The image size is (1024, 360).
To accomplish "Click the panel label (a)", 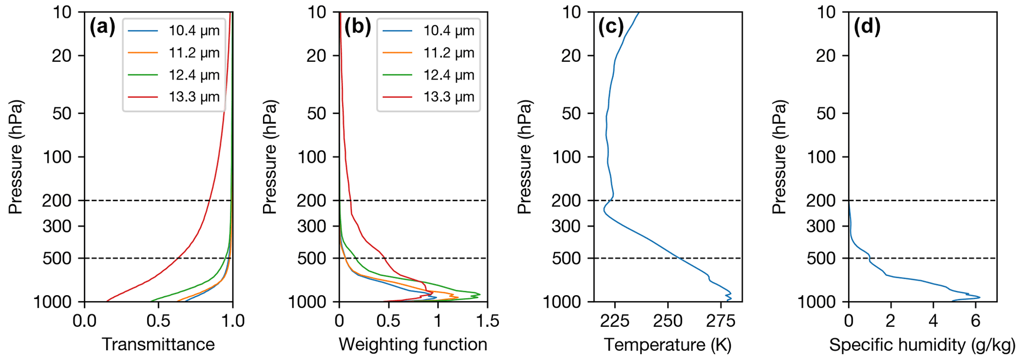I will [x=102, y=27].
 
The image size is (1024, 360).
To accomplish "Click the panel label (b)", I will [x=357, y=27].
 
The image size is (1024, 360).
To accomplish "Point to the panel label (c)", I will [x=611, y=27].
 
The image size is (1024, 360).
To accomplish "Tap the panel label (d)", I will [x=867, y=27].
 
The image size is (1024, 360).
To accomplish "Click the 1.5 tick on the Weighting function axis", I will [x=487, y=321].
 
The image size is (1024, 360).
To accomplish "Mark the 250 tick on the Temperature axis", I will [x=668, y=321].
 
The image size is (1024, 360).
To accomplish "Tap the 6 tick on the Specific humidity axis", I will [x=975, y=321].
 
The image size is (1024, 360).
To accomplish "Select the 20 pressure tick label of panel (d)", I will [x=826, y=56].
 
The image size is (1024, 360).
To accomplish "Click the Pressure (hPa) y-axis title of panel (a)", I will [x=16, y=157].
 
